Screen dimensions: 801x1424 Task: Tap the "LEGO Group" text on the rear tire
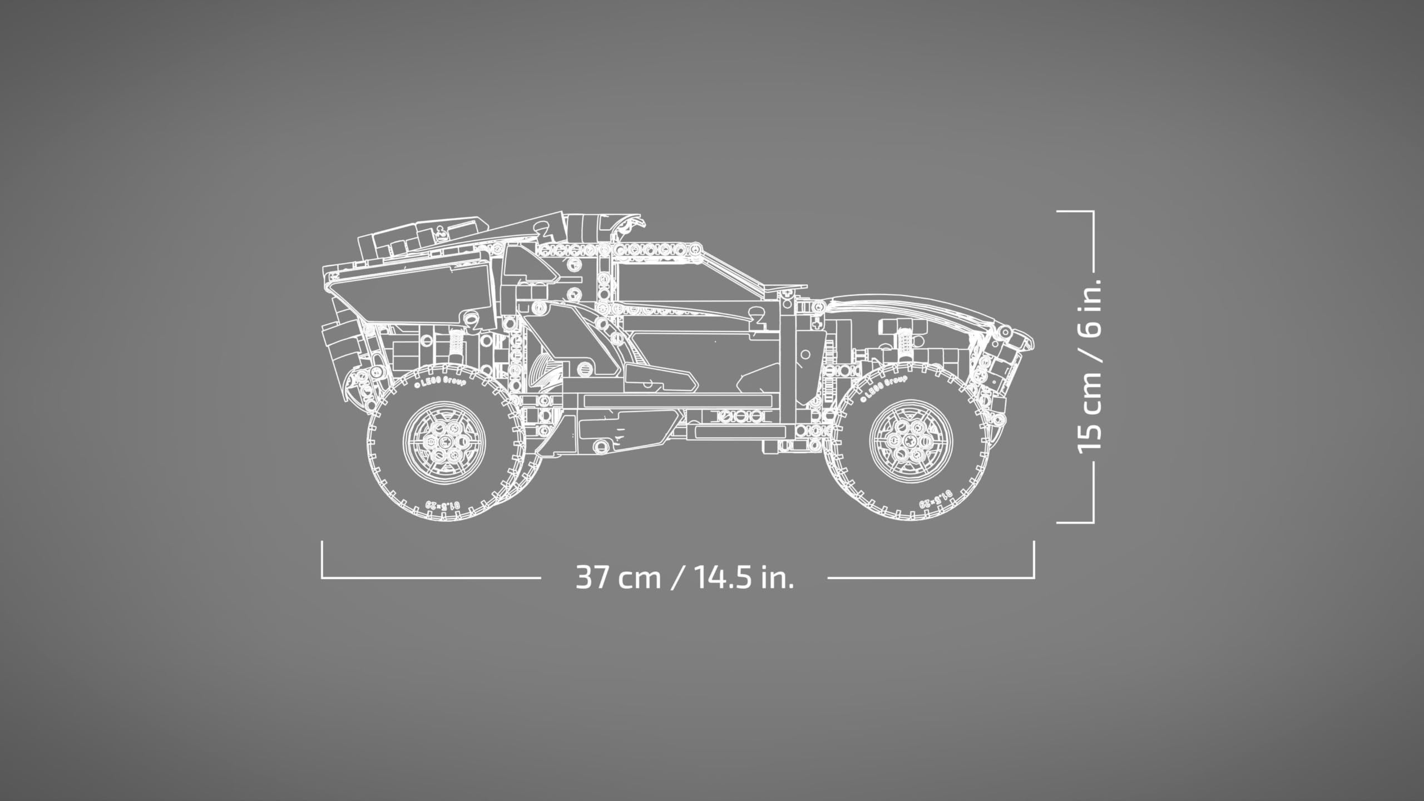[439, 380]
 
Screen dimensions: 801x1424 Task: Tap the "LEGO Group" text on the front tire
[884, 388]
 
